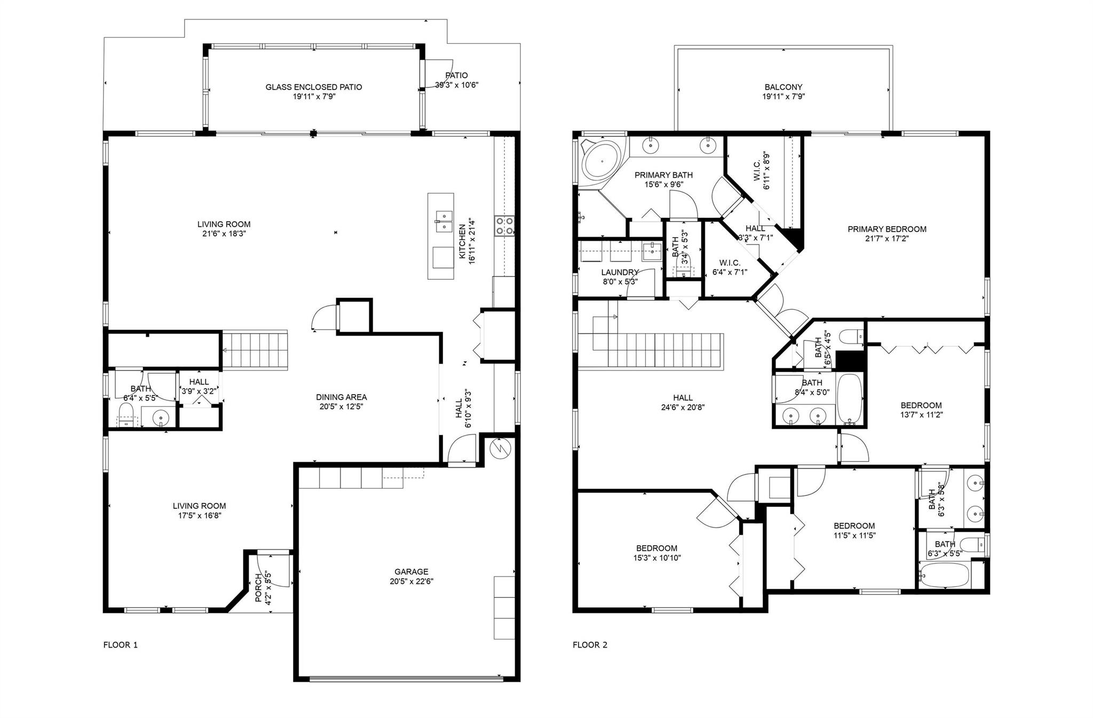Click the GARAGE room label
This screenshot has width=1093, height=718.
pyautogui.click(x=411, y=572)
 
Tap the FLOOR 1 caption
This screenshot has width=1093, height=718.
pyautogui.click(x=120, y=645)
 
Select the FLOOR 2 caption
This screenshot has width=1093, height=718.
pyautogui.click(x=590, y=645)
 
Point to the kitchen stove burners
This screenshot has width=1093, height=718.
pyautogui.click(x=504, y=225)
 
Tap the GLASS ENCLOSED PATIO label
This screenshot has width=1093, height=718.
pyautogui.click(x=314, y=87)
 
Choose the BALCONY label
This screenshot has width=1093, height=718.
pyautogui.click(x=783, y=87)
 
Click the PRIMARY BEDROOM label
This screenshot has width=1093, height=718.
pyautogui.click(x=887, y=229)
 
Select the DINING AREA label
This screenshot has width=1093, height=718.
pyautogui.click(x=342, y=397)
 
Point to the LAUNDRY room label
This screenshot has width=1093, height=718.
pyautogui.click(x=620, y=272)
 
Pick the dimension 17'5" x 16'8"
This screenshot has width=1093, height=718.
pyautogui.click(x=199, y=516)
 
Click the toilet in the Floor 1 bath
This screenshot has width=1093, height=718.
pyautogui.click(x=126, y=415)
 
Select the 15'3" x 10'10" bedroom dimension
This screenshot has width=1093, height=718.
pyautogui.click(x=657, y=558)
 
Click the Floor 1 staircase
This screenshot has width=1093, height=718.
pyautogui.click(x=255, y=350)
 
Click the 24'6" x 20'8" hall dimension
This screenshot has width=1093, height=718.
pyautogui.click(x=683, y=407)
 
